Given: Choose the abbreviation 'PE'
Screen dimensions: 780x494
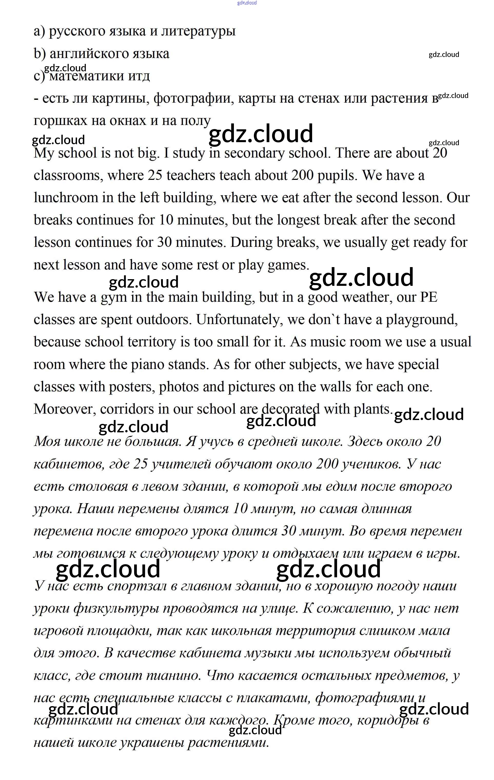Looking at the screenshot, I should point(428,297).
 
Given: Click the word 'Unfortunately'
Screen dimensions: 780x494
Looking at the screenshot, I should point(240,320).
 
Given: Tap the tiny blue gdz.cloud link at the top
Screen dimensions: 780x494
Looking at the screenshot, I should point(247,3).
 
